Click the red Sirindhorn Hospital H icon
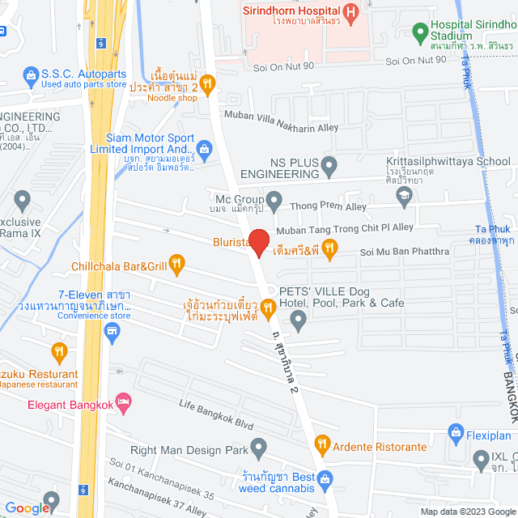[x=350, y=12]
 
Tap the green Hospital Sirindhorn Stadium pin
[x=419, y=33]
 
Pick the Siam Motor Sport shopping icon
[x=204, y=148]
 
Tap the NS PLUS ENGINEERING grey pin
[x=329, y=168]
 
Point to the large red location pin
[x=258, y=242]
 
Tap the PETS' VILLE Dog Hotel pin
[x=299, y=321]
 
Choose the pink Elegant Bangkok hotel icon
[x=123, y=401]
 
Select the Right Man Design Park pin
[x=258, y=469]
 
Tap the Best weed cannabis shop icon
[x=324, y=502]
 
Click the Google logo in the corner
[x=28, y=507]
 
